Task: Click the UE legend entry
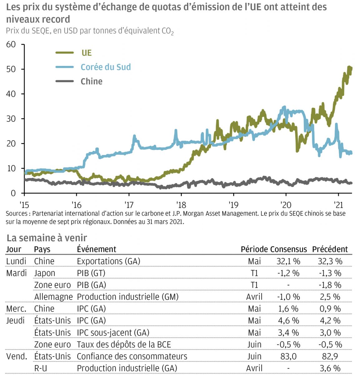coord(86,53)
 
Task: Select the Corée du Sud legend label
coord(106,67)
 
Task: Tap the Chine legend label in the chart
coord(91,82)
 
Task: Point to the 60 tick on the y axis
coord(11,44)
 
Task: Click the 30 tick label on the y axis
coord(11,119)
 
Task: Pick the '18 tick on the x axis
coord(181,205)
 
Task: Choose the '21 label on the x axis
coord(338,205)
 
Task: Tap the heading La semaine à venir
coord(47,238)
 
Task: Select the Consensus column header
coord(288,249)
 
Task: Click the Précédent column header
coord(330,249)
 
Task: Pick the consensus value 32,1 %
coord(288,261)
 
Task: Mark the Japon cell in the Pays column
coord(45,273)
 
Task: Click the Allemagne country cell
coord(53,297)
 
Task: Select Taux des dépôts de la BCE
coord(124,344)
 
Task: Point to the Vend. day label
coord(17,356)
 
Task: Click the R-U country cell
coord(41,368)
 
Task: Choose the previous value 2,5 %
coord(330,297)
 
